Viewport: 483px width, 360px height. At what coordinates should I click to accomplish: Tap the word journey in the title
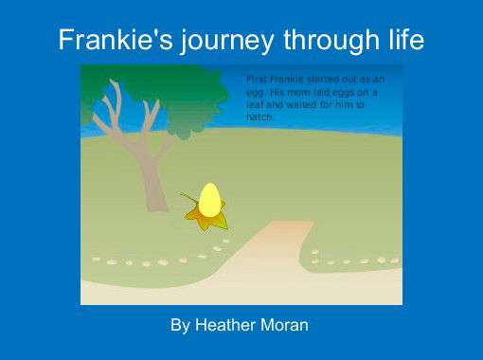[x=208, y=42]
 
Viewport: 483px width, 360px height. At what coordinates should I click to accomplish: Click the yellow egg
[x=209, y=200]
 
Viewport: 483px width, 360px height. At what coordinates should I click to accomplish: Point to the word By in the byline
[x=180, y=325]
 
